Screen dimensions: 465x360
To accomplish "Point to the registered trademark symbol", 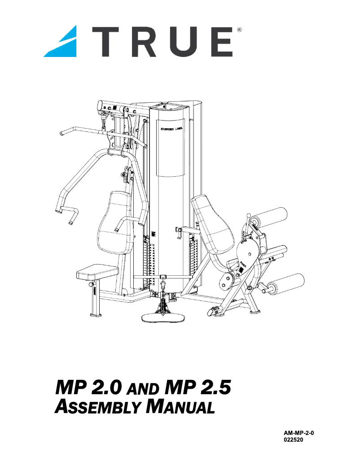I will click(239, 30).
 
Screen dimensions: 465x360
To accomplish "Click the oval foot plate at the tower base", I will click(163, 318).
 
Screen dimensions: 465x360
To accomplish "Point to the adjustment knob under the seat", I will click(93, 285).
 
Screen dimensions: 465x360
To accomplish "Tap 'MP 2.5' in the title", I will click(198, 387).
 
